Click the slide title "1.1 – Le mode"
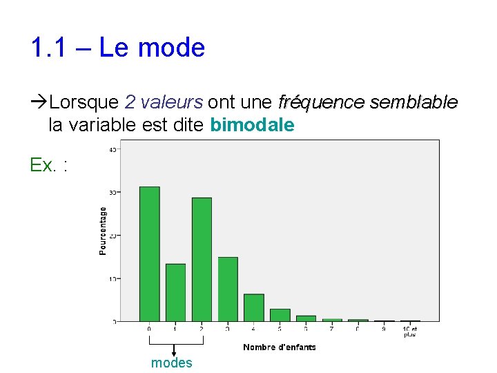click(x=117, y=48)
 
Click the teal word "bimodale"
click(x=252, y=125)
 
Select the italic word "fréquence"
click(x=321, y=103)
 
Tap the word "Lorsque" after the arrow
click(x=85, y=103)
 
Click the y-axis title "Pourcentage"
click(x=103, y=231)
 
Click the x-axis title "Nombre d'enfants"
click(x=280, y=347)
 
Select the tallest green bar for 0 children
click(x=149, y=254)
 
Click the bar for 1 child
click(x=175, y=292)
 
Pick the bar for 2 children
click(x=202, y=259)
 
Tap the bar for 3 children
click(x=228, y=289)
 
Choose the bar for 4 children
click(x=254, y=307)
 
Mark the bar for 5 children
click(x=280, y=315)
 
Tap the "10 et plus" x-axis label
click(x=410, y=332)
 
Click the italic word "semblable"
click(x=413, y=103)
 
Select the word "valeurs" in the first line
click(x=171, y=103)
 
